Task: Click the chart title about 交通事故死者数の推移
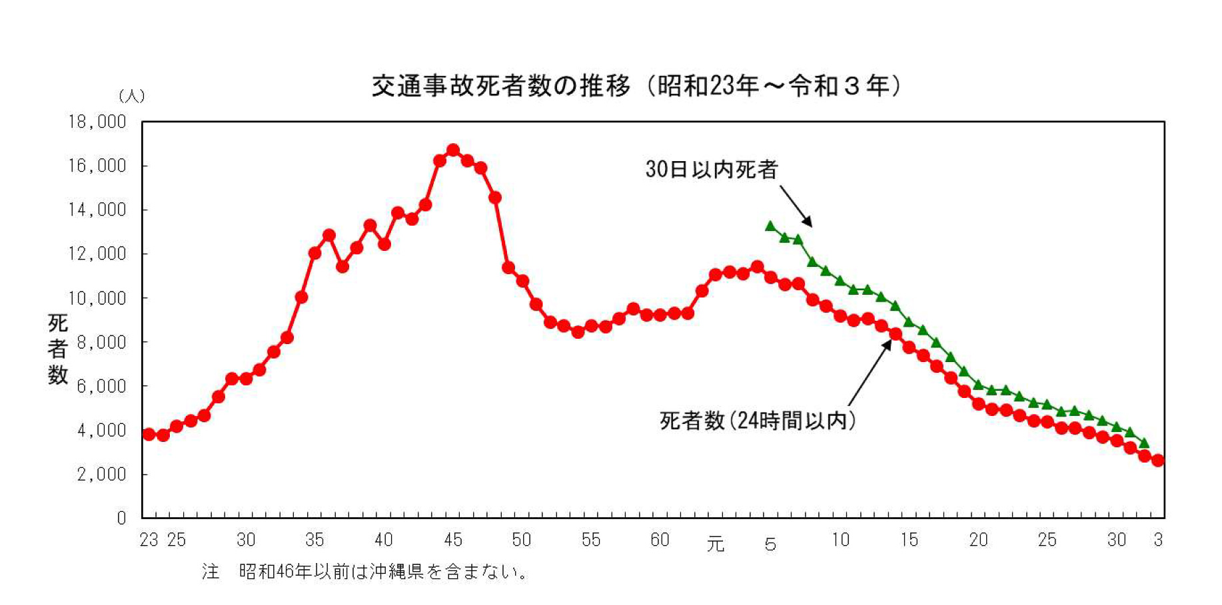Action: click(x=636, y=87)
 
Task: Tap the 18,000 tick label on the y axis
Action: click(x=97, y=122)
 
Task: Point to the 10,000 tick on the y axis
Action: click(x=97, y=298)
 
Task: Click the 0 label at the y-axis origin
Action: click(x=121, y=518)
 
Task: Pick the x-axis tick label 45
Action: click(x=453, y=540)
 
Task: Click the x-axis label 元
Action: click(x=715, y=544)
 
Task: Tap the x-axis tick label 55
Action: click(x=591, y=540)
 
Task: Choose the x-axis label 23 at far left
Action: click(x=149, y=540)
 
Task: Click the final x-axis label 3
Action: click(x=1158, y=540)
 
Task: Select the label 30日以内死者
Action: click(x=712, y=170)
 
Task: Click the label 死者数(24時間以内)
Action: click(x=758, y=421)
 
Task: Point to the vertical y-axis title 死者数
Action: click(x=58, y=349)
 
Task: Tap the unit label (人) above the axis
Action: click(x=131, y=96)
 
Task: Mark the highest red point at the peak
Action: click(x=453, y=150)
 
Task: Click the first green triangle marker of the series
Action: click(x=770, y=226)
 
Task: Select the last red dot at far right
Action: click(x=1158, y=461)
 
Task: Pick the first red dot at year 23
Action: click(x=149, y=435)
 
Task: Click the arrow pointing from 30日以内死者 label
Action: click(x=796, y=207)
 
